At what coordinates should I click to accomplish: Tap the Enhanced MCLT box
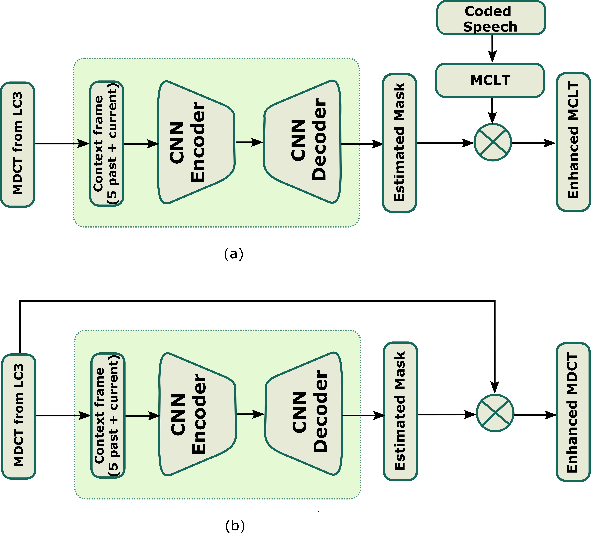click(573, 142)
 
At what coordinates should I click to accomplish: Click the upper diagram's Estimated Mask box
click(399, 143)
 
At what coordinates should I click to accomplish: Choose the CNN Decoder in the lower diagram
click(304, 414)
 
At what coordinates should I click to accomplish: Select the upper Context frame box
click(107, 143)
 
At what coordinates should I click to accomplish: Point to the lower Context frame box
click(108, 415)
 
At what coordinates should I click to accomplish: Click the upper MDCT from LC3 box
click(18, 144)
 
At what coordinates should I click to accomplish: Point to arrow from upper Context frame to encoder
click(141, 144)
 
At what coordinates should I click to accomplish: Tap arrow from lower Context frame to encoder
click(142, 416)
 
